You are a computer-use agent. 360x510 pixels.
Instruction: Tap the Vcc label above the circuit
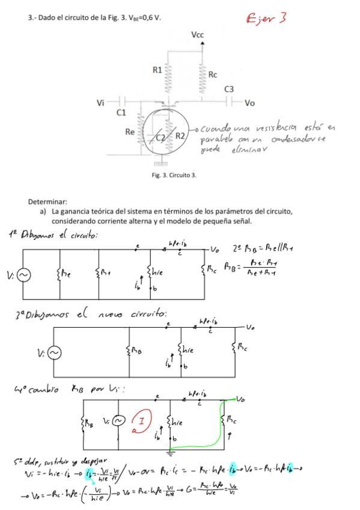pos(198,35)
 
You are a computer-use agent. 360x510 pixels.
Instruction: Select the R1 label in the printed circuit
pos(157,70)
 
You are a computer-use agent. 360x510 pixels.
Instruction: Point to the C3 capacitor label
pos(229,90)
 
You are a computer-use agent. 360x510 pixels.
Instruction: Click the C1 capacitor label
pos(121,112)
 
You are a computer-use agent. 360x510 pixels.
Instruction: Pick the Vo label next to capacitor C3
pos(250,103)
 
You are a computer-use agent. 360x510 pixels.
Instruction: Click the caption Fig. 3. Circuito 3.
pos(174,175)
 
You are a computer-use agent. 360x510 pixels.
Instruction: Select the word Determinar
pos(47,202)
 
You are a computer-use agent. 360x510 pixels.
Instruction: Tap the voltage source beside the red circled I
pos(120,421)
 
